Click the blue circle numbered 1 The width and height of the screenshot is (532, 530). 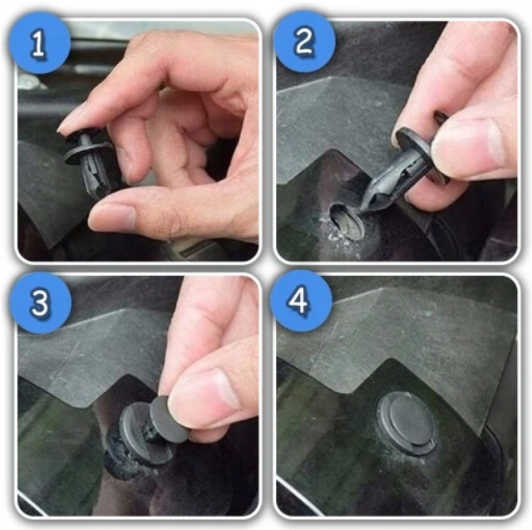[40, 42]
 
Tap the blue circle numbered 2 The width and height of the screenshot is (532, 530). [304, 42]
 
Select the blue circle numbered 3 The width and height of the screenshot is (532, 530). [40, 302]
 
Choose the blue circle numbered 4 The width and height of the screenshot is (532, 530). [301, 301]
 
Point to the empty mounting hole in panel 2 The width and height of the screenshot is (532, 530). [346, 220]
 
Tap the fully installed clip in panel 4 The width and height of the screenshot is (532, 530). [406, 423]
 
